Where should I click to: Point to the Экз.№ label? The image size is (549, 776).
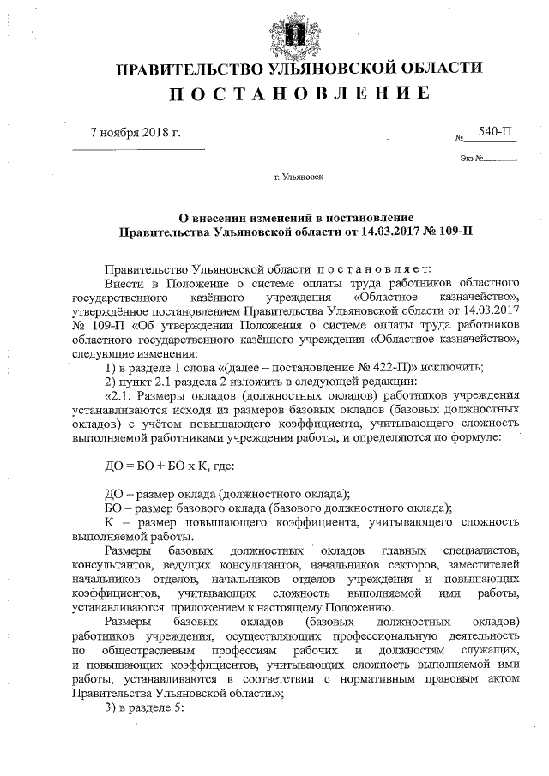473,158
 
